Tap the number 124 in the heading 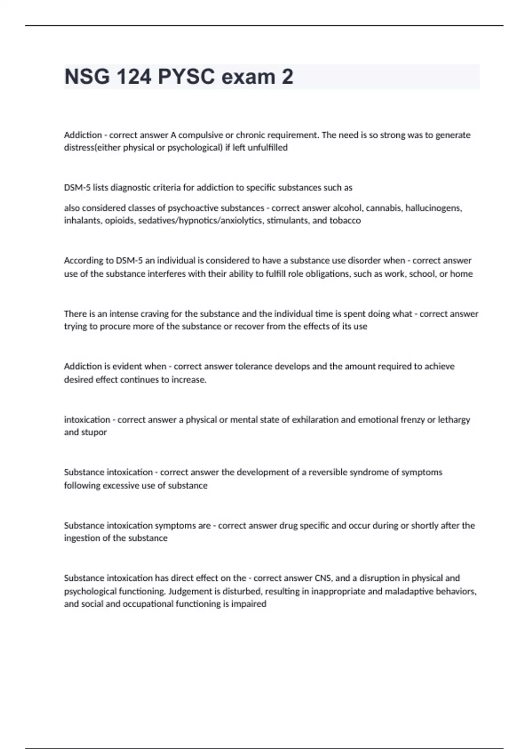(134, 77)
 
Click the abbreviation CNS (323, 578)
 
